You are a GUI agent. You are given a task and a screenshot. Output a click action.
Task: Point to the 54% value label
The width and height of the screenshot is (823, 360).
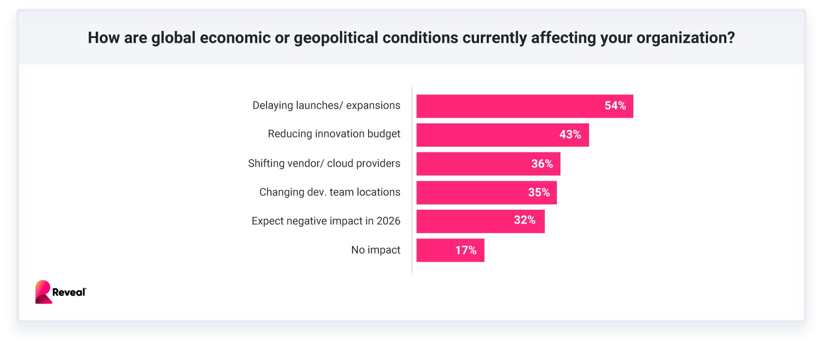615,106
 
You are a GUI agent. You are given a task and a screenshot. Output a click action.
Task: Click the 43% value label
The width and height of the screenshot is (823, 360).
570,135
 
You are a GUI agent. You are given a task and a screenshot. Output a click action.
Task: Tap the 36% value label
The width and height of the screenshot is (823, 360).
542,164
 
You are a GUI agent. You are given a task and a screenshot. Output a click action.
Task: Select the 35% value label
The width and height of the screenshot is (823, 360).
539,192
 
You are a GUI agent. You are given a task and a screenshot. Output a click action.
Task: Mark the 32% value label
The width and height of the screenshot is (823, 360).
524,220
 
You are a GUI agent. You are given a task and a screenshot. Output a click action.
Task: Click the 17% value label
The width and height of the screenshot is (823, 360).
466,250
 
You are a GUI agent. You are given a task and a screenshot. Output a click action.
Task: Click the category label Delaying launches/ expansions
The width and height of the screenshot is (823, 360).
326,106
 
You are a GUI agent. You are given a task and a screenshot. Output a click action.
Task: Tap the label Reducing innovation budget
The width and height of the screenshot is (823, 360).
334,134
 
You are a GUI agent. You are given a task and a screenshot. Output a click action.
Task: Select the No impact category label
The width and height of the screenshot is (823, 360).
375,250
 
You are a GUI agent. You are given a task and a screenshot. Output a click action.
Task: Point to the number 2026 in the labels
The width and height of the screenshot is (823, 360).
388,221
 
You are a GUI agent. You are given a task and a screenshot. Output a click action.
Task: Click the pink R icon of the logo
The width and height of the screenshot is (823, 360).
43,292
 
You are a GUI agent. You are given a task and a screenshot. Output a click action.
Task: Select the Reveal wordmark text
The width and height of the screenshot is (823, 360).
69,292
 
